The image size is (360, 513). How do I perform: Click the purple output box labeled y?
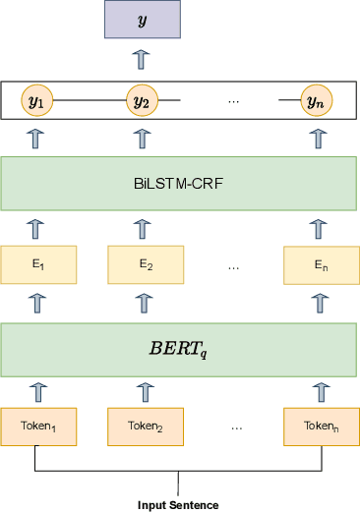point(143,20)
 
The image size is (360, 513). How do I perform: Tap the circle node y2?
point(143,100)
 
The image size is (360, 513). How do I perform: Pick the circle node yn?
point(316,100)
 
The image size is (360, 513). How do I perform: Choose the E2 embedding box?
point(144,264)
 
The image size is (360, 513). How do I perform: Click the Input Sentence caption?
point(178,505)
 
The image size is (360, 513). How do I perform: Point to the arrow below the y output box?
point(143,59)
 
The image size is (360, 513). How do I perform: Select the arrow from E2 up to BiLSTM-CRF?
point(144,229)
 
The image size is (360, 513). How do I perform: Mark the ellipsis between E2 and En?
point(233,265)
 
